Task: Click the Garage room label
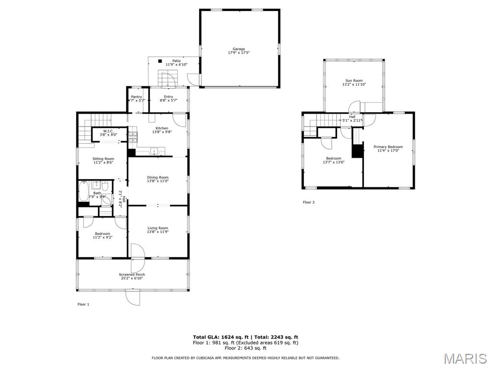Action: click(x=239, y=49)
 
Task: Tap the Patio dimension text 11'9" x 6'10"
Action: click(x=176, y=65)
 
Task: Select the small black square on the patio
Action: click(x=160, y=61)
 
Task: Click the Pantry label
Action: click(x=137, y=97)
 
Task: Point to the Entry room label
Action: click(x=168, y=97)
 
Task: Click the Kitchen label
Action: click(x=162, y=128)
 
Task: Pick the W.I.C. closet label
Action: click(x=108, y=131)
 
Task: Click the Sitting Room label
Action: click(x=104, y=159)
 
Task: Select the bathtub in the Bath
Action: click(x=83, y=191)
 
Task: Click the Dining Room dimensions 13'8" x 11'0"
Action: click(x=158, y=181)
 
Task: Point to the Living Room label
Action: click(x=158, y=228)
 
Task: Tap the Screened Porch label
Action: click(x=132, y=275)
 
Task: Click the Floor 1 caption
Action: click(x=83, y=304)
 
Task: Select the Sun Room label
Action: click(x=354, y=80)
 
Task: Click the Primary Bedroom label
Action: click(x=388, y=147)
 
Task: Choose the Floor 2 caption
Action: click(x=309, y=202)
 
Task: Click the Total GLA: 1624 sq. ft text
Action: click(x=221, y=337)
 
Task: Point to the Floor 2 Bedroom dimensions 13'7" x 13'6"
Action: click(x=334, y=162)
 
